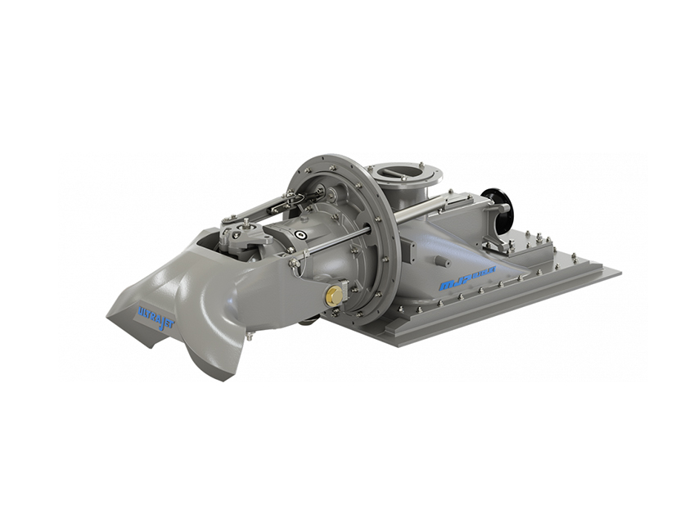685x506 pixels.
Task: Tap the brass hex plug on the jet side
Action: click(333, 296)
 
